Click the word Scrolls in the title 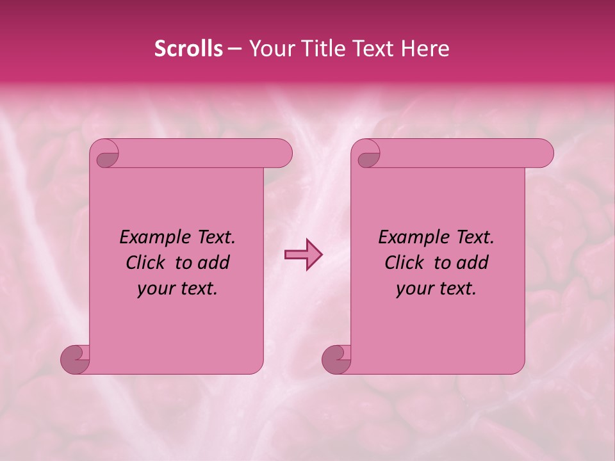click(189, 49)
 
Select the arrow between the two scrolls click(303, 255)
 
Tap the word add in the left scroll click(214, 263)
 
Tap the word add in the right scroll click(473, 263)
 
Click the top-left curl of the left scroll click(106, 156)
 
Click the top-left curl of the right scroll click(368, 156)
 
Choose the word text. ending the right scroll click(457, 289)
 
